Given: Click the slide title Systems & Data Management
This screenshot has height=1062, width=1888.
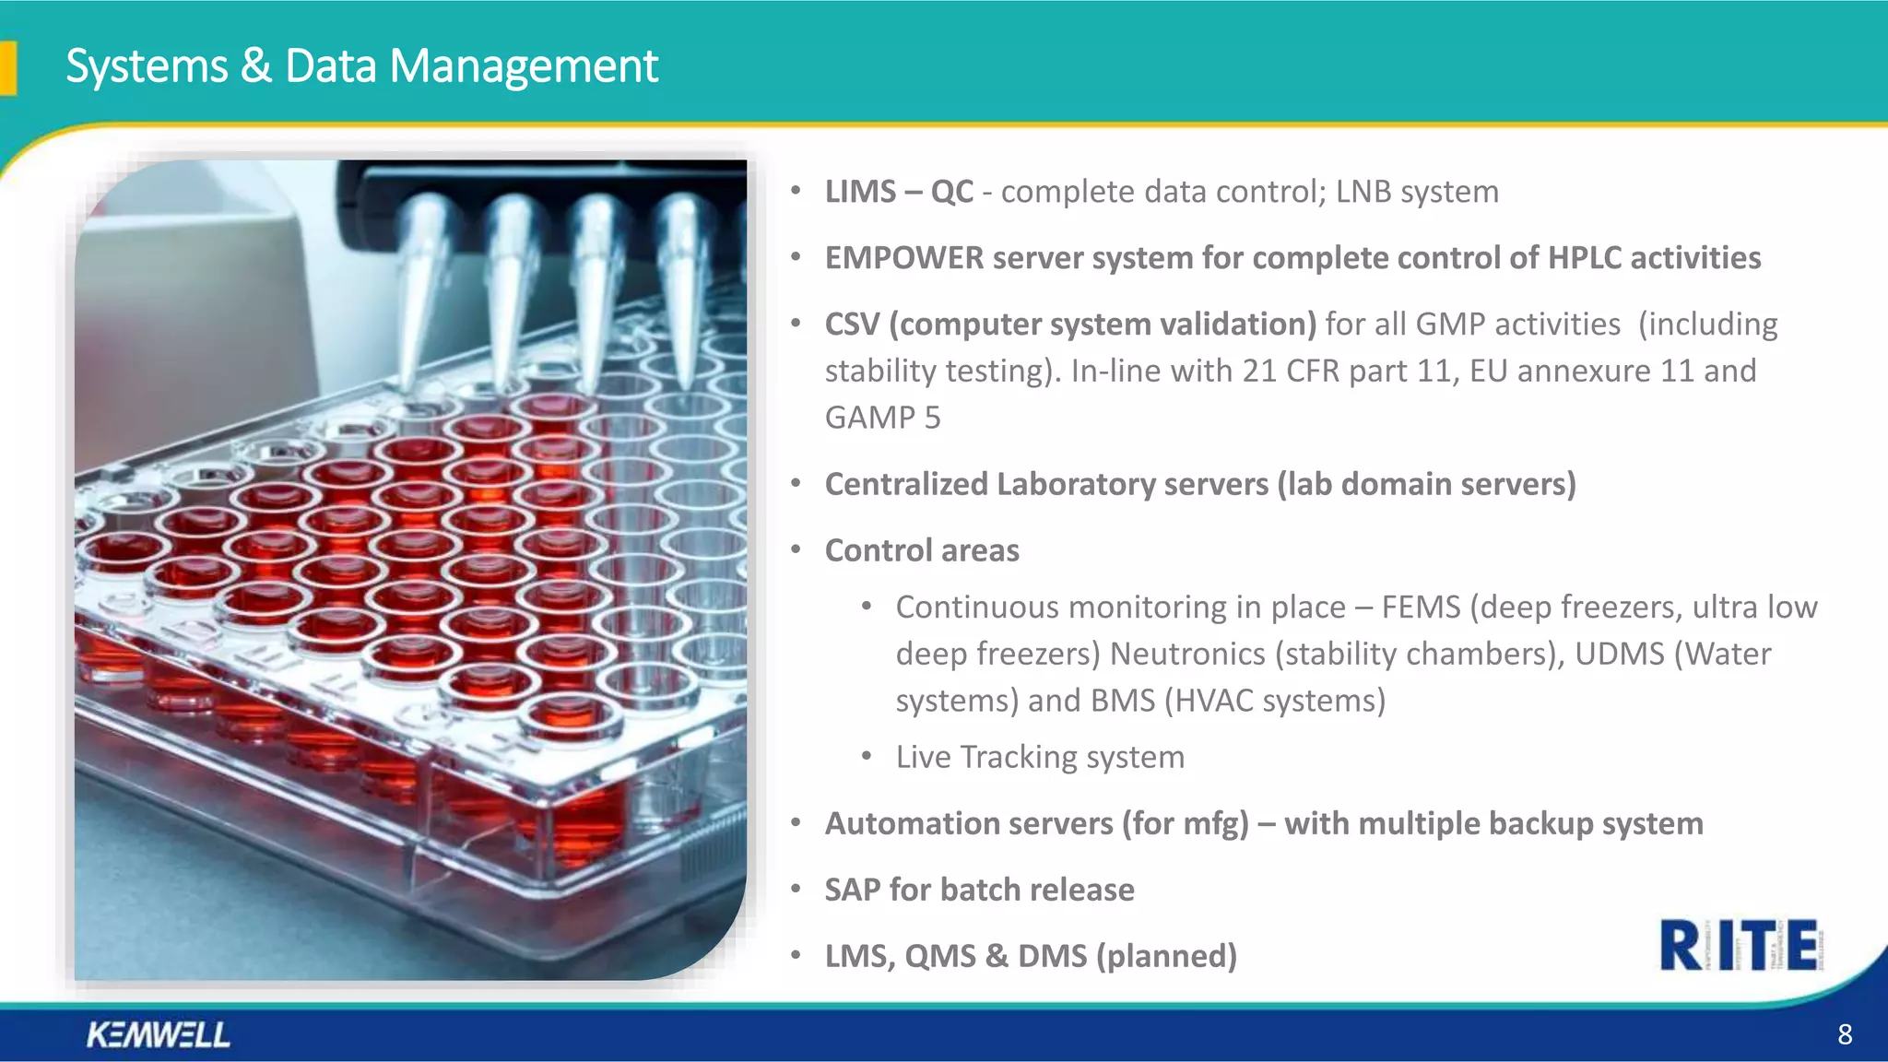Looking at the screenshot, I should click(x=361, y=66).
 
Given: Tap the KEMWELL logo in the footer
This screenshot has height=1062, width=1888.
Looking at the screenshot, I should click(x=158, y=1034).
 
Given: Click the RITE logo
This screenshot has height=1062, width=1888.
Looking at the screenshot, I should click(x=1739, y=945).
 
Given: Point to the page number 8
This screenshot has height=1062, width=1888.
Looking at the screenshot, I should click(x=1844, y=1034).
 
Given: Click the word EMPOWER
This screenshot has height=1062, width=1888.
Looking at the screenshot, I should click(x=903, y=258).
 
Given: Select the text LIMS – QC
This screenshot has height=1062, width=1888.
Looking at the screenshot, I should click(x=899, y=192).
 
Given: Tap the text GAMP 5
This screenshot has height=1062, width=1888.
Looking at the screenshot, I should click(x=882, y=418).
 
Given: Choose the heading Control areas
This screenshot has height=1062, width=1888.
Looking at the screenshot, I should click(x=922, y=550).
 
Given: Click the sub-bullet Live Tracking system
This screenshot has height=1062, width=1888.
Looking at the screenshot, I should click(x=1040, y=757).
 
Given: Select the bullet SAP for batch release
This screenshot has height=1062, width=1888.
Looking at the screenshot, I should click(x=979, y=890).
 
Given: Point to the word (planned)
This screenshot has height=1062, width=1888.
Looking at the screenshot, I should click(x=1166, y=956).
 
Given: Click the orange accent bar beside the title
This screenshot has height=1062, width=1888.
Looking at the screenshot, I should click(x=8, y=68).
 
